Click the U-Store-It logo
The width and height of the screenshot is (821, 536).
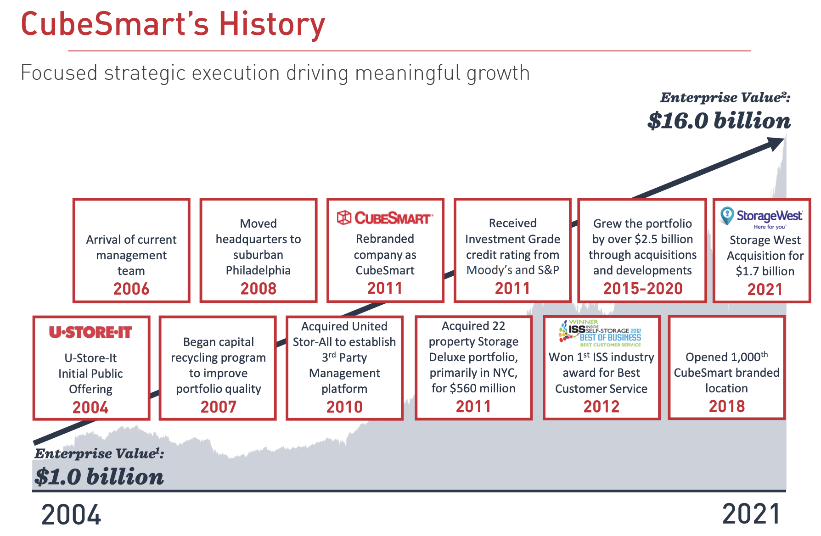(90, 332)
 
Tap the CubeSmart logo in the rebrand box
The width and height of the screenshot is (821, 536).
(385, 218)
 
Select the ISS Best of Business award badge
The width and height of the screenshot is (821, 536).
(601, 333)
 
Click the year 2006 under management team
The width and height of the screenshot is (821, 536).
(131, 289)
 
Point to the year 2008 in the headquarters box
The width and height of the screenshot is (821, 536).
(259, 289)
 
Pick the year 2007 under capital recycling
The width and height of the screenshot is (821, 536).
(218, 407)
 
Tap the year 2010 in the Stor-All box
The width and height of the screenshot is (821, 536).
(344, 407)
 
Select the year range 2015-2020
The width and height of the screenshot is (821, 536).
(642, 289)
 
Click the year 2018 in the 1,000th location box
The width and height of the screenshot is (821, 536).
(726, 406)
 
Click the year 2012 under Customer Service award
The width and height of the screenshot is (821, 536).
(601, 407)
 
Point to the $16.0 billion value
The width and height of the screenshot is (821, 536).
(719, 121)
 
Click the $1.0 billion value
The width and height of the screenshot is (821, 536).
(99, 477)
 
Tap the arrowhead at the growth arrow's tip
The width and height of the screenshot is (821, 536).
(777, 143)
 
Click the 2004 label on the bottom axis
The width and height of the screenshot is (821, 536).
(71, 515)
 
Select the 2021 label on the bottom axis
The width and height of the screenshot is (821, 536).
(751, 514)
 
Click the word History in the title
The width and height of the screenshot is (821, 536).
(272, 25)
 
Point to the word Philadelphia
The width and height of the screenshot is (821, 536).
(258, 270)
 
